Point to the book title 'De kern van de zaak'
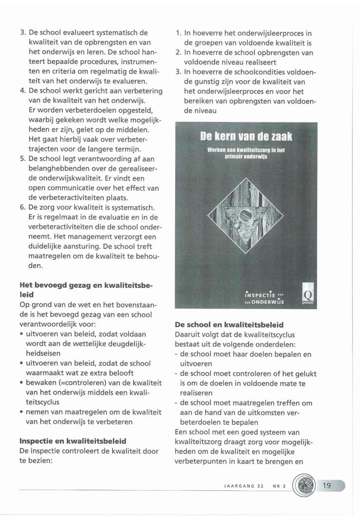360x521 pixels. pyautogui.click(x=249, y=136)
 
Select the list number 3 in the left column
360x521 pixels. pyautogui.click(x=22, y=34)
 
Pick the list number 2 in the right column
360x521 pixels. pyautogui.click(x=179, y=53)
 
